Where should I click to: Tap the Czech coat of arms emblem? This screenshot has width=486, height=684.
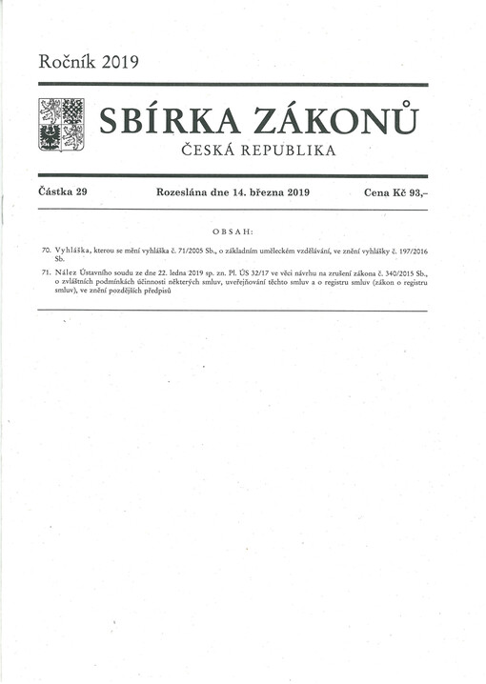61,124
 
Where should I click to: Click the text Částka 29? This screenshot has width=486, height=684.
63,192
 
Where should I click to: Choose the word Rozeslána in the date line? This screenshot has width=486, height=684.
185,192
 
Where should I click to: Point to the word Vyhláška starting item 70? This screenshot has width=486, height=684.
73,249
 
